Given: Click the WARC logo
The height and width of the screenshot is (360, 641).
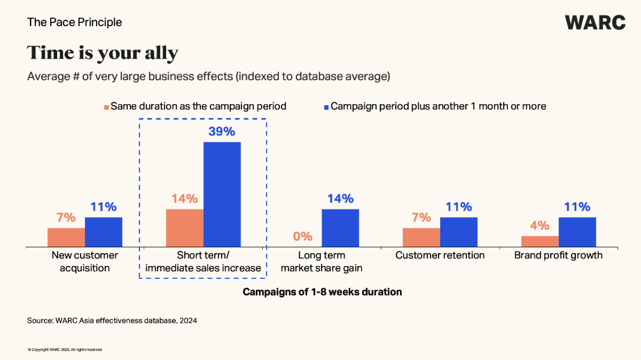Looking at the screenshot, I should click(x=595, y=22).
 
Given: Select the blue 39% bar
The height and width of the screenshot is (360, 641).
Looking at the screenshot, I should click(x=222, y=194).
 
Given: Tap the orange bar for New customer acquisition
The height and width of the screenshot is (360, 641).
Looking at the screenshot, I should click(x=66, y=237).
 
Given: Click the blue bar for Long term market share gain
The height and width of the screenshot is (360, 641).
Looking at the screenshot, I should click(x=340, y=228).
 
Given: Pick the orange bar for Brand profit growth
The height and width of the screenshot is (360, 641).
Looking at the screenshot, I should click(x=540, y=241).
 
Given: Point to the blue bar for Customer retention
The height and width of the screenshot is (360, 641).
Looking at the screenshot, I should click(x=459, y=232).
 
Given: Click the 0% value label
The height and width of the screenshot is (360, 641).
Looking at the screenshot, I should click(x=302, y=236).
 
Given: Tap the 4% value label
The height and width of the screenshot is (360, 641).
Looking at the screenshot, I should click(x=540, y=225).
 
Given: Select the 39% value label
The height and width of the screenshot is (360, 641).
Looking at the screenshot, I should click(x=222, y=131).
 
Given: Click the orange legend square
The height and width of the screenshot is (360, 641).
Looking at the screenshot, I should click(x=107, y=106).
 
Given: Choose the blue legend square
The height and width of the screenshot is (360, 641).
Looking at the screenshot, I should click(x=325, y=106).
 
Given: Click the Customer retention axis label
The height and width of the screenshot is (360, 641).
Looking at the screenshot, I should click(x=440, y=255).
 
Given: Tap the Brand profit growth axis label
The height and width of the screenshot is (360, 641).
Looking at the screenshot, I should click(x=558, y=255).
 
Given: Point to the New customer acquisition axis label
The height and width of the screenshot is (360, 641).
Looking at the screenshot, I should click(x=85, y=261).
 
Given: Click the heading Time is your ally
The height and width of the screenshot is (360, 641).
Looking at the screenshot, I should click(x=103, y=53).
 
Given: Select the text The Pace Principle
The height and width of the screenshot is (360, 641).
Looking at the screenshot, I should click(x=74, y=22).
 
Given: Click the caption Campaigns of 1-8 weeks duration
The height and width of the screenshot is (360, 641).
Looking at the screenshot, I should click(x=322, y=292).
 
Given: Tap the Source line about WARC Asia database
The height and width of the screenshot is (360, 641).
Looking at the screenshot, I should click(x=112, y=320).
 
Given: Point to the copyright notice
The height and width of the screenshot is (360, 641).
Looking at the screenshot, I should click(x=65, y=350).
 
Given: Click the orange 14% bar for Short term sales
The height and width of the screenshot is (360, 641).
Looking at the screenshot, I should click(x=185, y=228).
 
